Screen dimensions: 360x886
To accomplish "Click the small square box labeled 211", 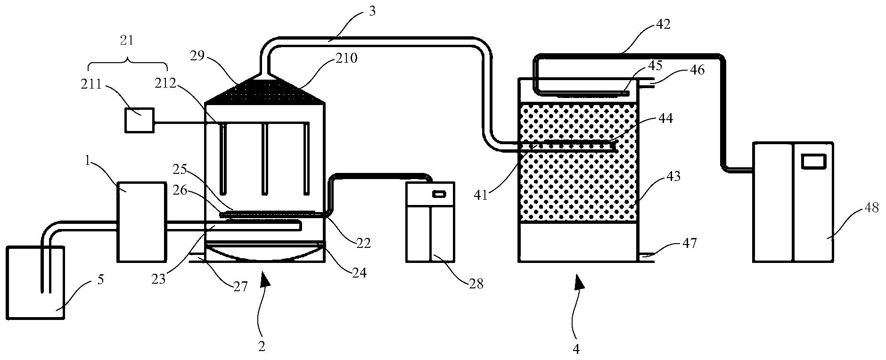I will (x=139, y=120).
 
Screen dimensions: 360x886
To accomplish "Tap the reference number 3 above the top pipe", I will (x=372, y=12).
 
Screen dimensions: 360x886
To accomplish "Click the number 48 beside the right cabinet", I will (x=871, y=208).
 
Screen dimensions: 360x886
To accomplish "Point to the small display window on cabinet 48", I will (x=815, y=161).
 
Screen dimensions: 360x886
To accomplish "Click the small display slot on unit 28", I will (x=439, y=193).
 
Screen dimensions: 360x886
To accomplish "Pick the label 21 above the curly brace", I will (x=127, y=41).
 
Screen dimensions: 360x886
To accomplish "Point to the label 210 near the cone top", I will (x=347, y=58).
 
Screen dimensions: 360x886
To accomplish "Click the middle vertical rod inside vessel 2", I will (x=265, y=159).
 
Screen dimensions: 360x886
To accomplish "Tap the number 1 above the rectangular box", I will (x=88, y=163).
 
